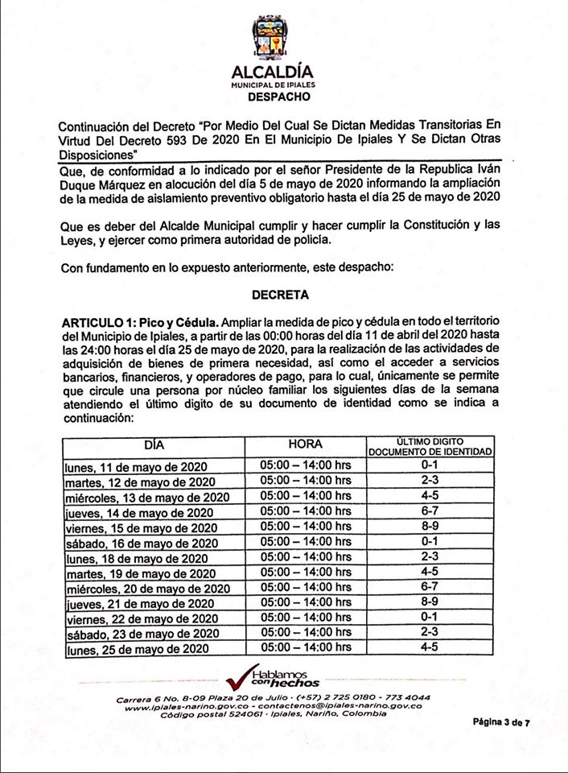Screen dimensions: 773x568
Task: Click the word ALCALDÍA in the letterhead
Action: coord(273,72)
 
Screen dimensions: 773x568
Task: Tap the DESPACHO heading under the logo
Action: coord(273,97)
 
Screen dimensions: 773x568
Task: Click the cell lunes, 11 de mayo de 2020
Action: coord(136,466)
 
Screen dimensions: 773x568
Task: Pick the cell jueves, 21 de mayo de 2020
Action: coord(139,602)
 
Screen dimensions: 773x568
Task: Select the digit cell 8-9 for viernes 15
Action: coord(430,526)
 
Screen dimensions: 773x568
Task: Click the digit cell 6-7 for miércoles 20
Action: coord(430,586)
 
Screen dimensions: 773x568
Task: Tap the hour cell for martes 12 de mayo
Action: coord(305,481)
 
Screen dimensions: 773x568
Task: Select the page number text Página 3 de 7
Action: coord(500,722)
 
